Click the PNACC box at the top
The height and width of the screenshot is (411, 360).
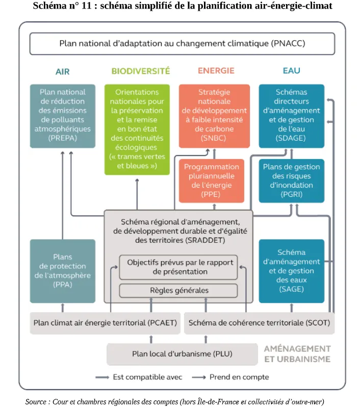182,43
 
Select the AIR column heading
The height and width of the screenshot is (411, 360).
62,71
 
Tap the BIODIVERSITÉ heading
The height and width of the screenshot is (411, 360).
141,71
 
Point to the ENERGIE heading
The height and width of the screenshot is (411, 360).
216,70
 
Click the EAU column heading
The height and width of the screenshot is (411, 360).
291,70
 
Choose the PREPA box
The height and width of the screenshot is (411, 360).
62,116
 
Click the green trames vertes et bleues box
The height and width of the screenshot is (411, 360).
137,130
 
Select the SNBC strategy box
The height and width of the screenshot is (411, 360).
214,116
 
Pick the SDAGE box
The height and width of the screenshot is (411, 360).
291,116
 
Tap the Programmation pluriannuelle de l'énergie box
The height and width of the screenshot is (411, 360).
211,181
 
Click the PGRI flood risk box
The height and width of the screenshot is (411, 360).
291,181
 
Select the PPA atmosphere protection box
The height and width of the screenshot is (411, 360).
62,271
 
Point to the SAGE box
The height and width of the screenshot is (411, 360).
291,271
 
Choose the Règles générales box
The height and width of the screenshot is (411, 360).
178,291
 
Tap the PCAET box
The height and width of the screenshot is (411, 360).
105,323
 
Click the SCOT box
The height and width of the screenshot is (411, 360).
260,323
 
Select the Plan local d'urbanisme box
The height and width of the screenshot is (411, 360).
182,354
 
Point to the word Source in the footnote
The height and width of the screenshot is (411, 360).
36,401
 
